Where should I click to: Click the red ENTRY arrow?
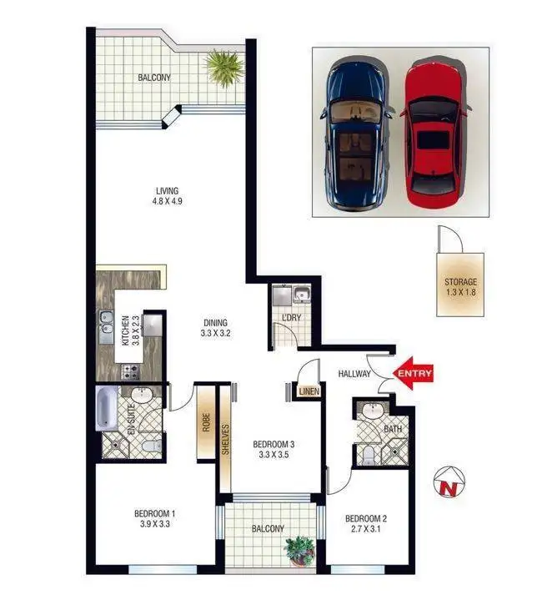click(414, 374)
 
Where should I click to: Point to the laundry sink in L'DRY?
click(301, 295)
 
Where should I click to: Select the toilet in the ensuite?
click(148, 446)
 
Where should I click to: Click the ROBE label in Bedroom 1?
click(203, 422)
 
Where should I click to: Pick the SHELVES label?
click(225, 440)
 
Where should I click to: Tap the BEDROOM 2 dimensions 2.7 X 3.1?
click(365, 528)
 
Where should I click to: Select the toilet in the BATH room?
click(369, 455)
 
